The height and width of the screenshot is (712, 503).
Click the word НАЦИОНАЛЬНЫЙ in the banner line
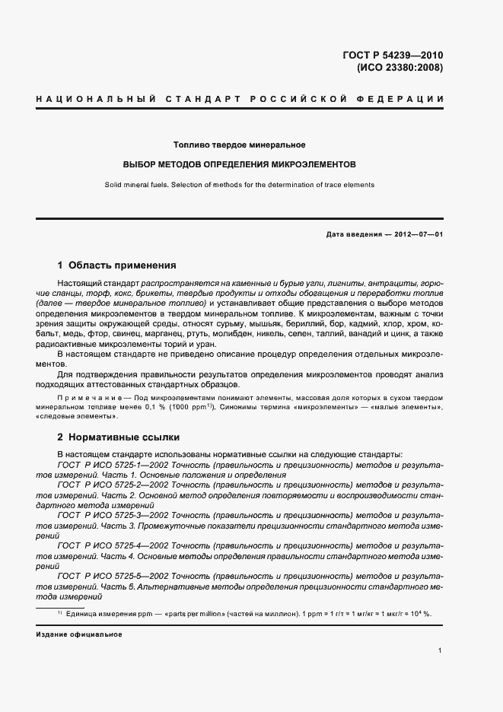coord(84,100)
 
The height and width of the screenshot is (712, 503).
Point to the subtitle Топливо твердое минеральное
coord(239,145)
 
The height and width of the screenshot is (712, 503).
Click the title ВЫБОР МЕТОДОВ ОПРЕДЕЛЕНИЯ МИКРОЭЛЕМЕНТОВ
coord(239,164)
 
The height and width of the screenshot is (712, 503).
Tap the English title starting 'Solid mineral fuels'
coord(239,185)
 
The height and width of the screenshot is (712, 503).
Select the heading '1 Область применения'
coord(116,266)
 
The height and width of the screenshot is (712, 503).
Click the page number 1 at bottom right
coord(440,650)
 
